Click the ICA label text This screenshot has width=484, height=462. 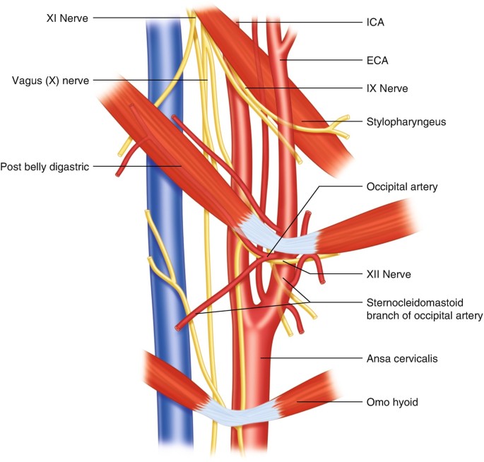coord(376,23)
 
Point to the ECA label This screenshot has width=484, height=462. coord(377,61)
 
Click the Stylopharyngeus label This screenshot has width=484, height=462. coord(401,122)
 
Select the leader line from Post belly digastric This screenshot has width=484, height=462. coord(134,167)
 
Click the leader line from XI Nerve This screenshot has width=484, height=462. coord(141,17)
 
